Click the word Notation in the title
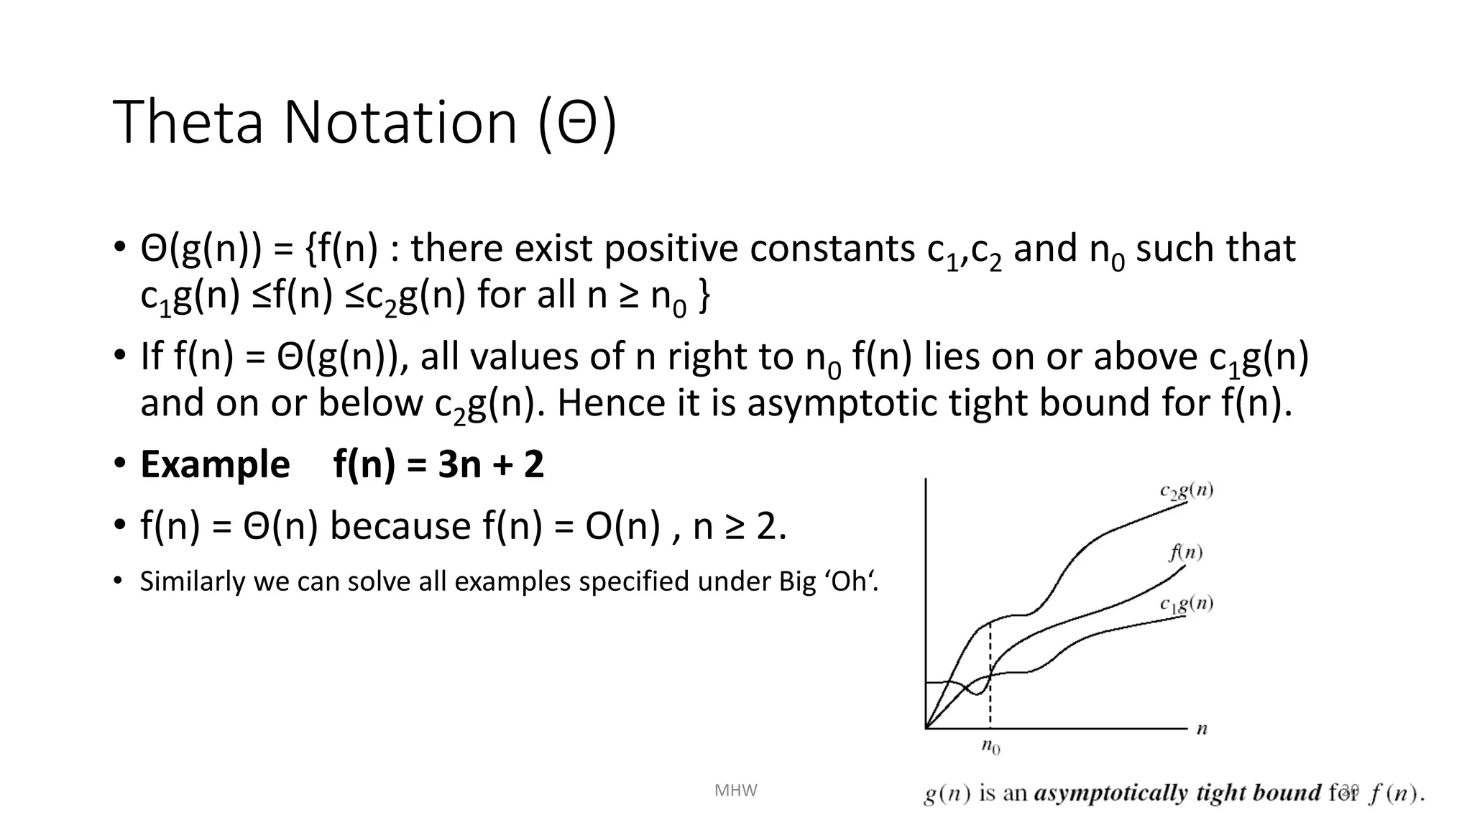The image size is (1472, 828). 400,122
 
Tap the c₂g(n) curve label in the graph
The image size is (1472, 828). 1186,492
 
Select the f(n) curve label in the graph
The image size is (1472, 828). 1185,552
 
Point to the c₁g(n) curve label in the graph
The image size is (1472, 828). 1186,604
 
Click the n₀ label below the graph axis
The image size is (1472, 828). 990,747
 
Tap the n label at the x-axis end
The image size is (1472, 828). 1202,730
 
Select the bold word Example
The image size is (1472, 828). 215,464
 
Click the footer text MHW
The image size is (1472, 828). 735,791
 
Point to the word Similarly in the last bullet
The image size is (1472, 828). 192,581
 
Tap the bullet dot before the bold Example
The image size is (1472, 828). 119,463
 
